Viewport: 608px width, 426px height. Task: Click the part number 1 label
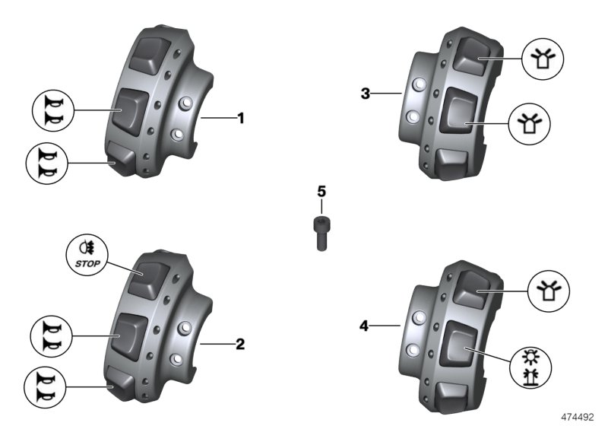click(241, 119)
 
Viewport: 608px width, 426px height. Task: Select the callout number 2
click(241, 345)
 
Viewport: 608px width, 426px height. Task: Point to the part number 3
click(366, 94)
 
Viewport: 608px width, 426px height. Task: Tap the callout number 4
click(365, 326)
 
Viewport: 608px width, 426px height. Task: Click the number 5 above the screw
click(321, 189)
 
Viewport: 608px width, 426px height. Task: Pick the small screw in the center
click(321, 233)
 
